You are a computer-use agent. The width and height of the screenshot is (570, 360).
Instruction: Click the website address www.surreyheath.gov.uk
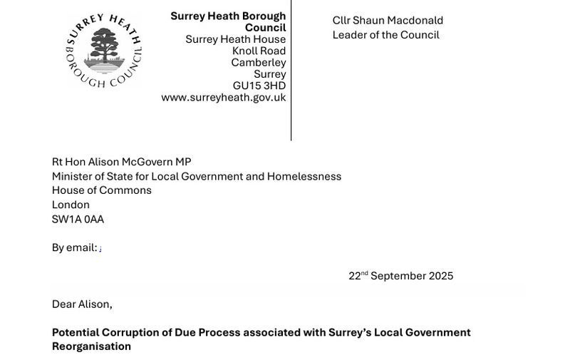[223, 98]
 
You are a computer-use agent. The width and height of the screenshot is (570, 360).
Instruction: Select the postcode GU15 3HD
[259, 86]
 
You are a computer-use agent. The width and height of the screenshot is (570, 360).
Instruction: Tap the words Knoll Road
[259, 51]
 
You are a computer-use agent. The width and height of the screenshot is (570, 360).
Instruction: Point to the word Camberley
[258, 63]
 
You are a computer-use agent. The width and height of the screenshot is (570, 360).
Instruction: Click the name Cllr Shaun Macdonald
[388, 21]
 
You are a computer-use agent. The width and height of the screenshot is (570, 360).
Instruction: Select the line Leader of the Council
[385, 35]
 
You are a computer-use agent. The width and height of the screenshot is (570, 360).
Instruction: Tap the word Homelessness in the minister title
[304, 176]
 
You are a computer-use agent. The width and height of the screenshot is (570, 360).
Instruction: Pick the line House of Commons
[101, 190]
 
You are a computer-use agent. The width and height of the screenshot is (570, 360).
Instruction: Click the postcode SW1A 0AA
[78, 219]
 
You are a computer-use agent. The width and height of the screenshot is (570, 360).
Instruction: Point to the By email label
[74, 247]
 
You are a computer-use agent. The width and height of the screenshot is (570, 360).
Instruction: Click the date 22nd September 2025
[400, 276]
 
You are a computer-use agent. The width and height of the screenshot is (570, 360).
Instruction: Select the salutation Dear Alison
[82, 304]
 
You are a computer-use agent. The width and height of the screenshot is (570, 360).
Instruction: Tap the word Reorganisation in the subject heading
[91, 346]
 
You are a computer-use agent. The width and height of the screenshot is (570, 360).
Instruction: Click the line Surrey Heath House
[235, 39]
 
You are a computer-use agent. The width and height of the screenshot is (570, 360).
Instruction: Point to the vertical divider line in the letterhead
[291, 71]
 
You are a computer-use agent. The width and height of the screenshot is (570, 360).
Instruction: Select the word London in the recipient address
[71, 205]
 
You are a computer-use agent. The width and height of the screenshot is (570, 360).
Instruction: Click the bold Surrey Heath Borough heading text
[228, 16]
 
